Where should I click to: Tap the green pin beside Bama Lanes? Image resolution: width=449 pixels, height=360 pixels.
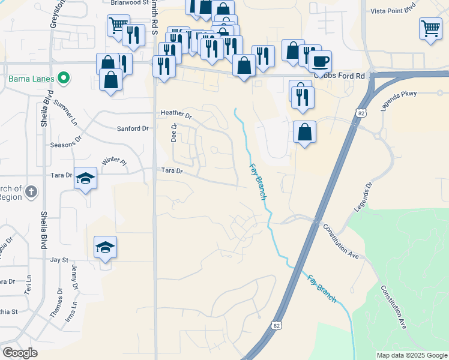(62, 79)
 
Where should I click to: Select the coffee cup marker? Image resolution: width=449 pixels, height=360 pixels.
(320, 61)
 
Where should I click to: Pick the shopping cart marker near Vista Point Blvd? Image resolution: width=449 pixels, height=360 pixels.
(430, 28)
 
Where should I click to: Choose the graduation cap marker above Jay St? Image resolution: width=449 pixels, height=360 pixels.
(105, 247)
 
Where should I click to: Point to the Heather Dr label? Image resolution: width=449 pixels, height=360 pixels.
(175, 114)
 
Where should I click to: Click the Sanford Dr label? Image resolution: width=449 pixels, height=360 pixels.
(133, 128)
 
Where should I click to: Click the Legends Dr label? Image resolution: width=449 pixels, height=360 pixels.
(364, 197)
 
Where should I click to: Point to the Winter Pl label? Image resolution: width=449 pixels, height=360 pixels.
(115, 161)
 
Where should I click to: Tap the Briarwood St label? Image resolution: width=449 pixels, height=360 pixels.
(129, 2)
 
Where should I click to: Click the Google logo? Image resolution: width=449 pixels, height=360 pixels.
(21, 353)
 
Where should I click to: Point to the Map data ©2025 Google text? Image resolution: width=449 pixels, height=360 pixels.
(411, 355)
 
